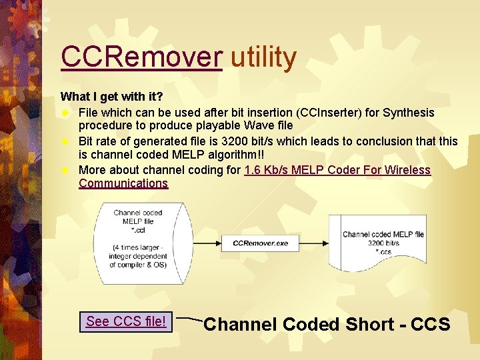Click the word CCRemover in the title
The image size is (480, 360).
click(141, 57)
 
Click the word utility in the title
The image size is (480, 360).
click(263, 57)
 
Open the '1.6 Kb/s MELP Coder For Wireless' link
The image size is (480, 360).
click(337, 170)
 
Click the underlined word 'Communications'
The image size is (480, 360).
click(123, 183)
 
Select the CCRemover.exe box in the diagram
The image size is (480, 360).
click(261, 243)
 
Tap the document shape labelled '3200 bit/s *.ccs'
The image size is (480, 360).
click(383, 243)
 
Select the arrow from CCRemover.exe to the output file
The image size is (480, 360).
click(310, 243)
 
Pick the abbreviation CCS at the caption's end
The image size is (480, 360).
click(431, 325)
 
